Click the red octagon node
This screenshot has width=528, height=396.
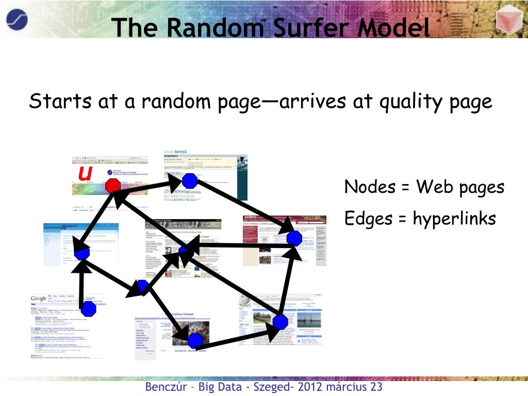click(x=113, y=186)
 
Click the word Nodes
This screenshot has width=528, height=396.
click(x=366, y=187)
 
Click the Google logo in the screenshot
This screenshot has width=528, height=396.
click(x=39, y=299)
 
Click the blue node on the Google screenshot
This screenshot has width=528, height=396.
click(x=89, y=309)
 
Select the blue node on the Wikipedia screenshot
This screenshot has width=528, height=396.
click(x=280, y=321)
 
